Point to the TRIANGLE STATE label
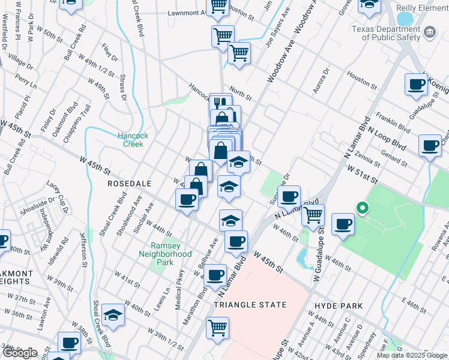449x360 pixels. (250, 305)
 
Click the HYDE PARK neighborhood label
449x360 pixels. (339, 305)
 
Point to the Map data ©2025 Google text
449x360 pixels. (412, 355)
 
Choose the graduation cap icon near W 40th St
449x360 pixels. (113, 314)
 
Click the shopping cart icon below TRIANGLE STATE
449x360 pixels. (217, 327)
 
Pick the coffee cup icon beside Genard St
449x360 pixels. (430, 145)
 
